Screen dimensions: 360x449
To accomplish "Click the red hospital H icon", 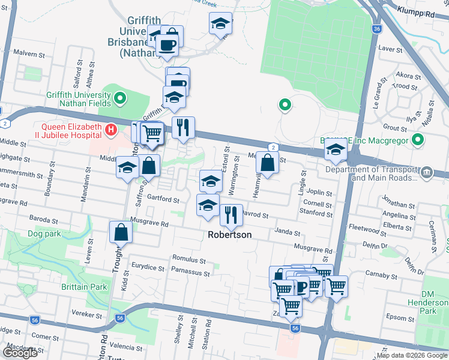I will pos(110,129).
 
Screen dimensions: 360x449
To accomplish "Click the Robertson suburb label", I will pos(229,235).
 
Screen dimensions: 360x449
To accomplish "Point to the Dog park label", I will pos(43,233).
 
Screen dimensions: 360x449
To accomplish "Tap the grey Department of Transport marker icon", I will pos(426,172).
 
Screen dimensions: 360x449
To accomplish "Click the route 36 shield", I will pos(376,28).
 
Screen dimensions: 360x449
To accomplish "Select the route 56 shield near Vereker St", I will pos(121,318).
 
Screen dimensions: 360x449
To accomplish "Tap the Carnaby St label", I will pos(378,274).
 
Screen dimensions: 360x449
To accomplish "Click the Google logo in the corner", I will pos(20,353).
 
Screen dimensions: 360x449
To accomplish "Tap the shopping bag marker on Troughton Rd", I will pos(121,232).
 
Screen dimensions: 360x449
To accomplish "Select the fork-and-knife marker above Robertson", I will pos(231,214).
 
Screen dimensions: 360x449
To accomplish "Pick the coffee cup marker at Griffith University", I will pos(166,44).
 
